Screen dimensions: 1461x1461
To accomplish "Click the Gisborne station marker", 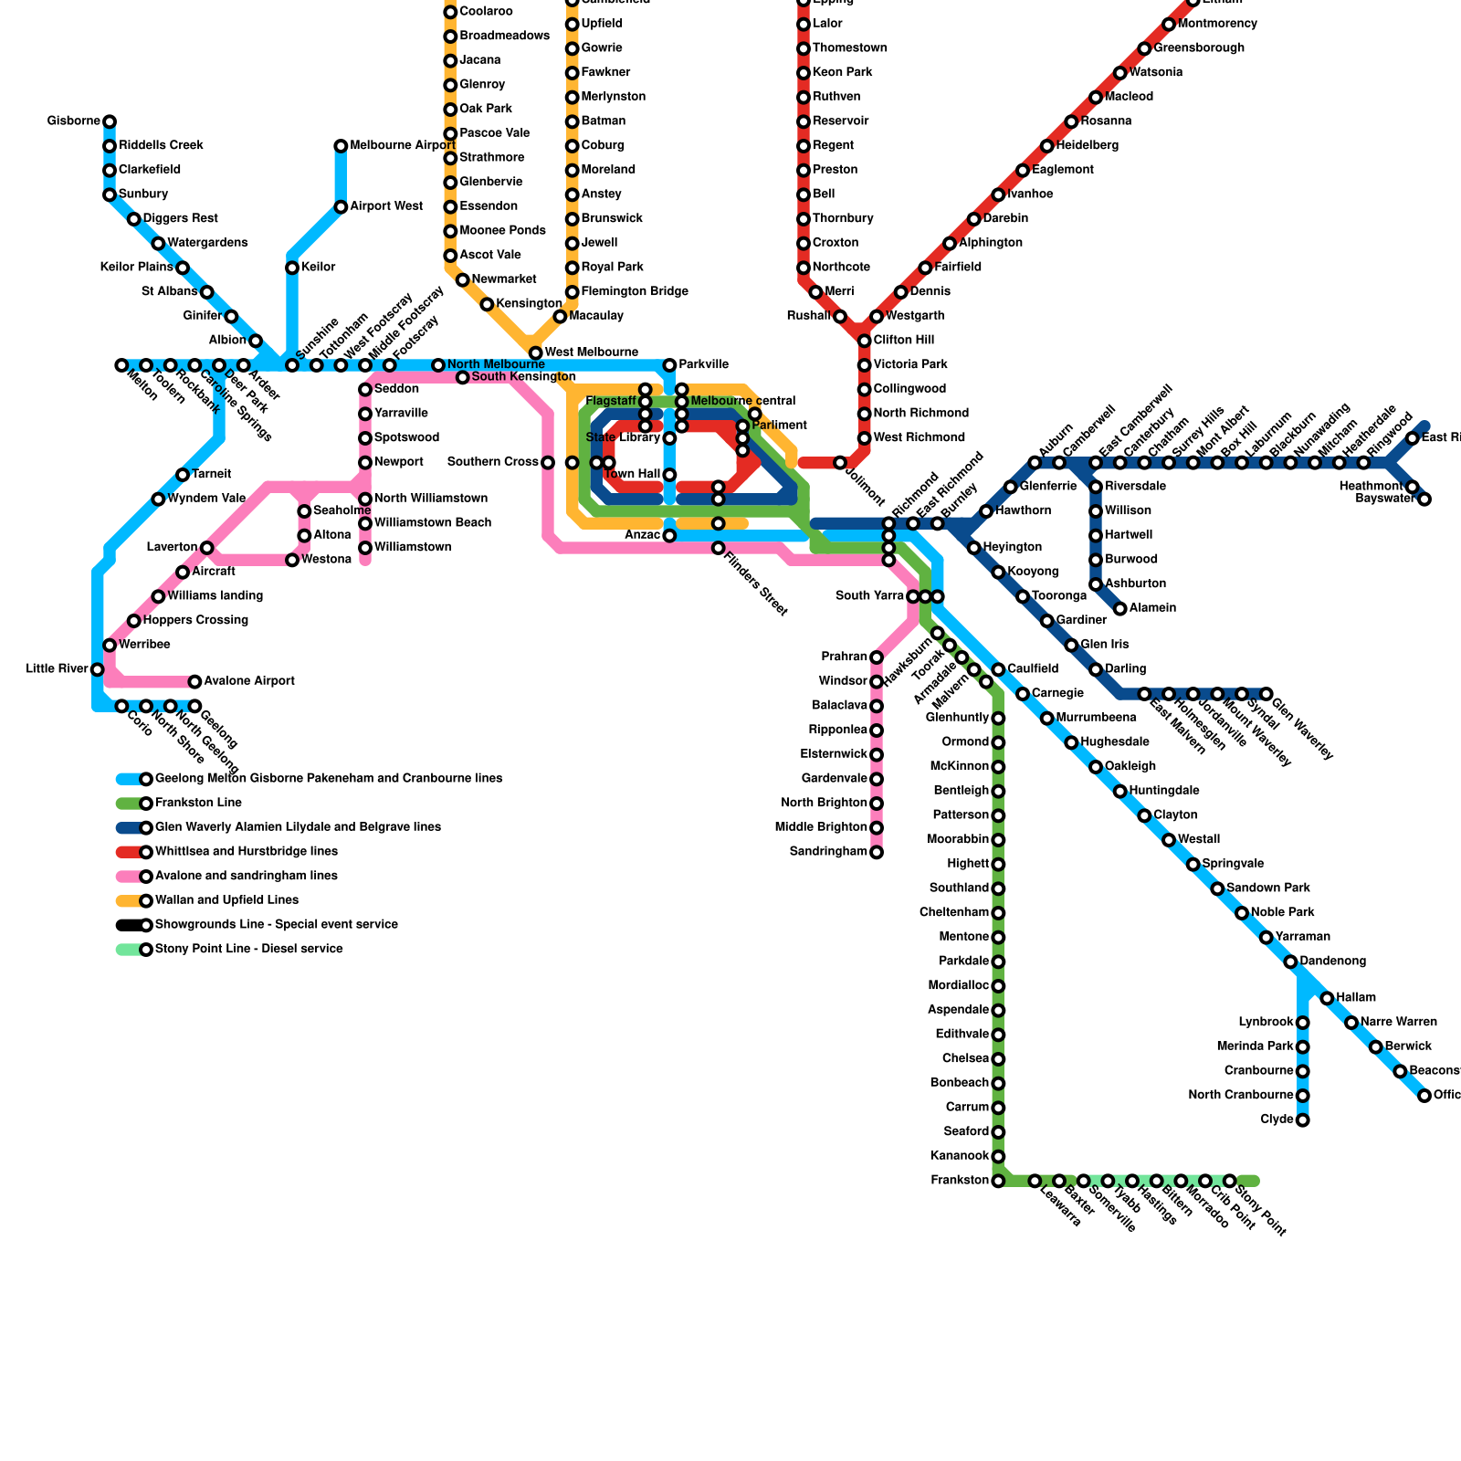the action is click(110, 121).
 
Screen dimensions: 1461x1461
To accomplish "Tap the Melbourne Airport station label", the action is click(402, 146).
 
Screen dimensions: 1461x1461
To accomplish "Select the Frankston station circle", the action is click(998, 1181).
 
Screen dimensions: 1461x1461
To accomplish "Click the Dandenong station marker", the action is click(1290, 962).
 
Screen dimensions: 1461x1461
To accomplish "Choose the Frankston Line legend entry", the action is click(198, 804).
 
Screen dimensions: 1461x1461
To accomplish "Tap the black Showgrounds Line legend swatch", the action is click(130, 925).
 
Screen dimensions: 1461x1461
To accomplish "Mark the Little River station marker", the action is click(98, 669).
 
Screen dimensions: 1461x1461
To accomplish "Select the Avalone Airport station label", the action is click(248, 681).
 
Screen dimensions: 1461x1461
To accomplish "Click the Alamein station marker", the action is click(1119, 608).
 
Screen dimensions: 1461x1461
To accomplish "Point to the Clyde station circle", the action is click(1303, 1119).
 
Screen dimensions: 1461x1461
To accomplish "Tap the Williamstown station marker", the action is click(365, 548).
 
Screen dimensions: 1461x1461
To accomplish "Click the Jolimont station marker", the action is click(840, 463).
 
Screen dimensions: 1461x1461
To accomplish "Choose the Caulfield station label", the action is click(1033, 669).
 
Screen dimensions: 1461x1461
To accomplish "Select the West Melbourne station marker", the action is click(536, 353).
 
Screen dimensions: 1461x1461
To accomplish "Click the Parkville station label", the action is click(703, 365).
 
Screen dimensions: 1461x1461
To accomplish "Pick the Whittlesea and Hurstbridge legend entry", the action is click(247, 852).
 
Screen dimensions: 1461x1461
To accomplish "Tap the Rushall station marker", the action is click(840, 317).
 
